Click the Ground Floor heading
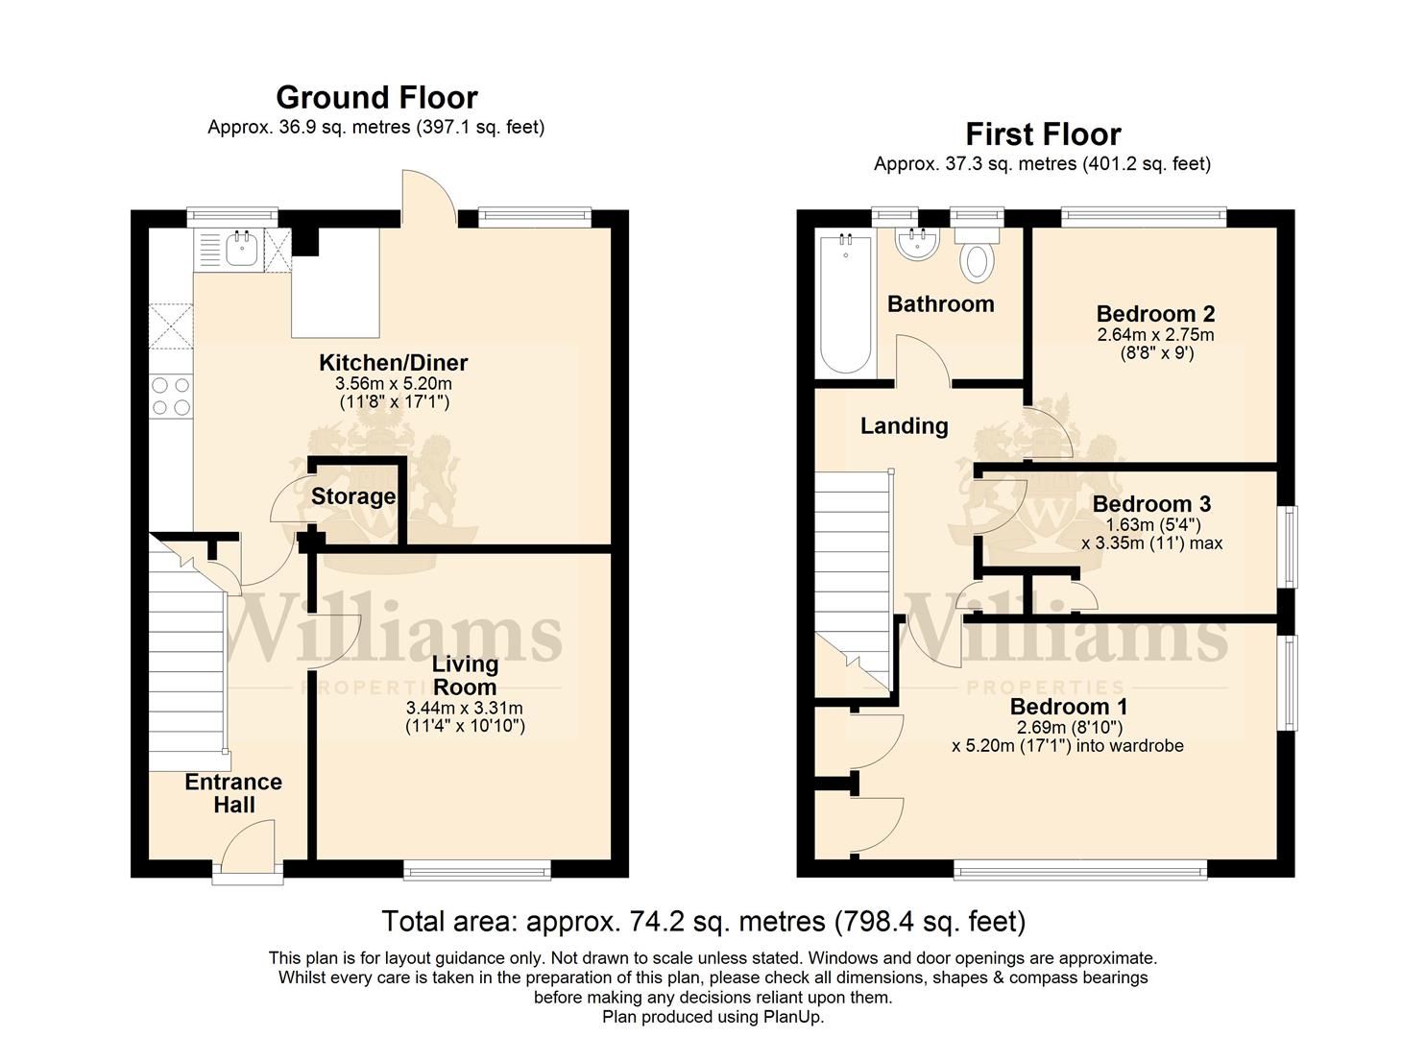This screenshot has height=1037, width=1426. point(376,98)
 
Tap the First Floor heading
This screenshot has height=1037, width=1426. point(1044,134)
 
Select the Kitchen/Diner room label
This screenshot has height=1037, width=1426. point(394,363)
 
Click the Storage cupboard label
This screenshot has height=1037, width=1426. point(353,496)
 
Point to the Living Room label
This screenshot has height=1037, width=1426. point(465,675)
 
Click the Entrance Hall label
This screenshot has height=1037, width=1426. point(233,793)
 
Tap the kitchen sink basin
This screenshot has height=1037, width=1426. point(242,250)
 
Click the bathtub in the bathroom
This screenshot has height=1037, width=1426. point(845,304)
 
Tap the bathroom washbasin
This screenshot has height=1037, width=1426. point(917,243)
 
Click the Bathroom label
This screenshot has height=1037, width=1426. point(941,304)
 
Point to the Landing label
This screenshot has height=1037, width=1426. point(905,426)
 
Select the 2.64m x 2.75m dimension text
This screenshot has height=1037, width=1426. point(1155,335)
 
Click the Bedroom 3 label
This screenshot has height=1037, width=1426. point(1151,504)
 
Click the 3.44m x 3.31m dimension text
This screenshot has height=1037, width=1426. point(465,708)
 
